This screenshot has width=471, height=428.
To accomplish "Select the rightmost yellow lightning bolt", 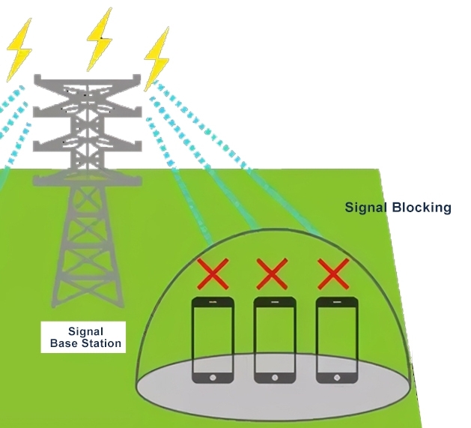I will pos(157,56).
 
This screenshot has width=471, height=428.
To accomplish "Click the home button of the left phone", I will pos(213,376).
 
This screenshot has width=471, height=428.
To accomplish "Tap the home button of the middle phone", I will pos(275,376).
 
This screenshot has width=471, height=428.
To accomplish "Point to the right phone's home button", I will pos(336,376).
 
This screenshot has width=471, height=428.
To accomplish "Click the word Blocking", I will pos(422,208).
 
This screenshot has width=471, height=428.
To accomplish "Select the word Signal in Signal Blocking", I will pos(366,208).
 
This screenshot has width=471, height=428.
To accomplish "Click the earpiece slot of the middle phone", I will pos(275,303).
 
